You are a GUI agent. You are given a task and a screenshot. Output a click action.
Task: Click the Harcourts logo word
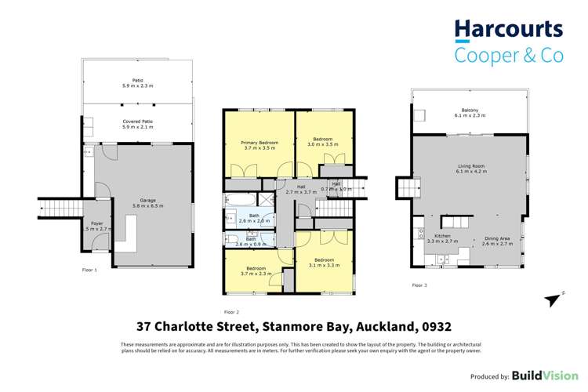[x=510, y=30]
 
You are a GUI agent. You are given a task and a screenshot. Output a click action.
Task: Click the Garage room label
[x=147, y=200]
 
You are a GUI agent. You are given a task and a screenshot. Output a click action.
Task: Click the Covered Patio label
[x=136, y=122]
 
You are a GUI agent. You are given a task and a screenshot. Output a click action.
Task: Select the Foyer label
[x=96, y=223]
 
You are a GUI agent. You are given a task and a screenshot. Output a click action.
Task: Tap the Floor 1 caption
[x=89, y=270]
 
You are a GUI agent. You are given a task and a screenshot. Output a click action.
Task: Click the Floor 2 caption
[x=231, y=311]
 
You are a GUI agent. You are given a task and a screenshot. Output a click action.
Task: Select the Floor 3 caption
[x=419, y=285]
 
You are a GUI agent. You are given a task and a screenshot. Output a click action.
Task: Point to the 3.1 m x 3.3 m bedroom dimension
[x=324, y=263]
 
